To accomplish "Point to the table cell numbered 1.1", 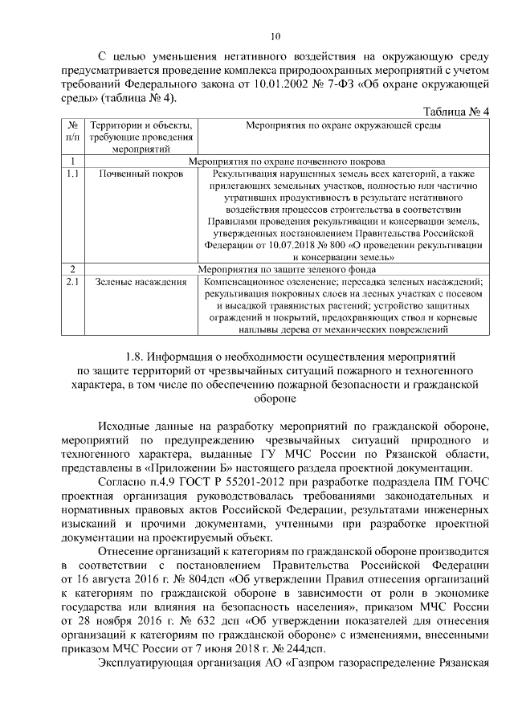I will (72, 172).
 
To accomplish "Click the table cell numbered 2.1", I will (72, 282).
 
